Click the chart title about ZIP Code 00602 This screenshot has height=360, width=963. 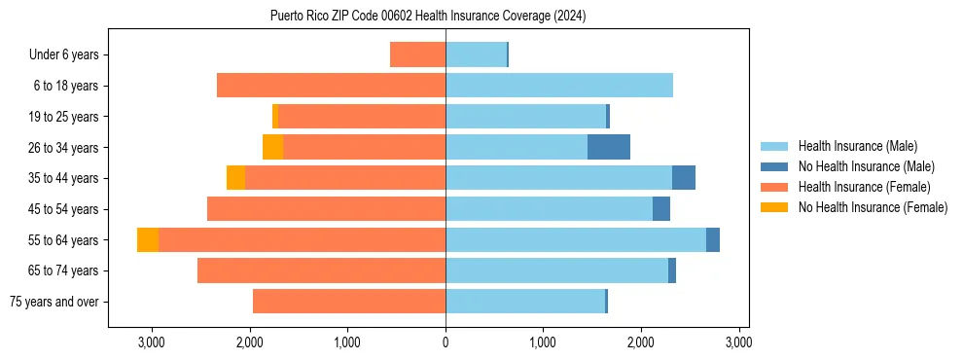[428, 17]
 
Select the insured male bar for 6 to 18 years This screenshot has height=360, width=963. [559, 86]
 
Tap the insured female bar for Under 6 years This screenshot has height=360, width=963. [417, 54]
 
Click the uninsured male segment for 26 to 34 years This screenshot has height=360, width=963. [609, 147]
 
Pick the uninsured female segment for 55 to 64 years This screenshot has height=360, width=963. [148, 239]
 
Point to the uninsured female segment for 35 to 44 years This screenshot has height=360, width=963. [235, 178]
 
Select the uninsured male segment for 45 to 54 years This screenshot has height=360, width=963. [661, 208]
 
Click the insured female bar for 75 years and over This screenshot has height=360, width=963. [349, 301]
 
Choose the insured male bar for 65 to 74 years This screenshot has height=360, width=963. [556, 270]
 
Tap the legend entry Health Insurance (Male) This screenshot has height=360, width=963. [857, 146]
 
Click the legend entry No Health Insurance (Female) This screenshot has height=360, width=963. [873, 207]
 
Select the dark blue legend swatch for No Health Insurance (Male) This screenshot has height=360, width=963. [775, 166]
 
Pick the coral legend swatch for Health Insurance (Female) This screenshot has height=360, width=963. [775, 187]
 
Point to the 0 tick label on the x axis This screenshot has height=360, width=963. [446, 342]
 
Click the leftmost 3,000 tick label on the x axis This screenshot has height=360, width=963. [152, 342]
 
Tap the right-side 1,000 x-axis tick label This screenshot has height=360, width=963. [543, 342]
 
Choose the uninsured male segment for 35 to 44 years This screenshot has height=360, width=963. [684, 178]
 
